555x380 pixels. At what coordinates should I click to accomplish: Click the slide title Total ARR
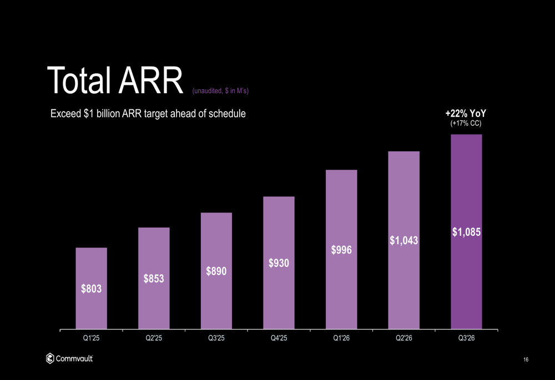click(115, 81)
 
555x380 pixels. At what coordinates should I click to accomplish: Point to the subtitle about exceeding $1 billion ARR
click(148, 114)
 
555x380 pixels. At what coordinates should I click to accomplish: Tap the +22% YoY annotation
click(466, 114)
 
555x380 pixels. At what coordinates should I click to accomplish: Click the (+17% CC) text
click(466, 124)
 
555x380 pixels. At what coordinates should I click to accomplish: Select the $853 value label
click(154, 278)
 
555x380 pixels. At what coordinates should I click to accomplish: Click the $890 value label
click(216, 271)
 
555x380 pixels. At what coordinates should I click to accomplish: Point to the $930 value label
click(279, 263)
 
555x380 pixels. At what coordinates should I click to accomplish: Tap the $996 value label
click(341, 250)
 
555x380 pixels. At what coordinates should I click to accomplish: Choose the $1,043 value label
click(403, 240)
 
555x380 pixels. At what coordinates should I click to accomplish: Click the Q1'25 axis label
click(91, 339)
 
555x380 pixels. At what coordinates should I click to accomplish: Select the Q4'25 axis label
click(279, 339)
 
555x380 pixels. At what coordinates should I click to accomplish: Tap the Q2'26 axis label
click(403, 339)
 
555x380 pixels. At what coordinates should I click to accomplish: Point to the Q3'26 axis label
click(466, 339)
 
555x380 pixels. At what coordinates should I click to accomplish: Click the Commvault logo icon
click(50, 359)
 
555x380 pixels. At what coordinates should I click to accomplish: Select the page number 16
click(525, 361)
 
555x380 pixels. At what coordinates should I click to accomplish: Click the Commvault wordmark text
click(74, 359)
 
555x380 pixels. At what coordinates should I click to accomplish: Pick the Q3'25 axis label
click(216, 339)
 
